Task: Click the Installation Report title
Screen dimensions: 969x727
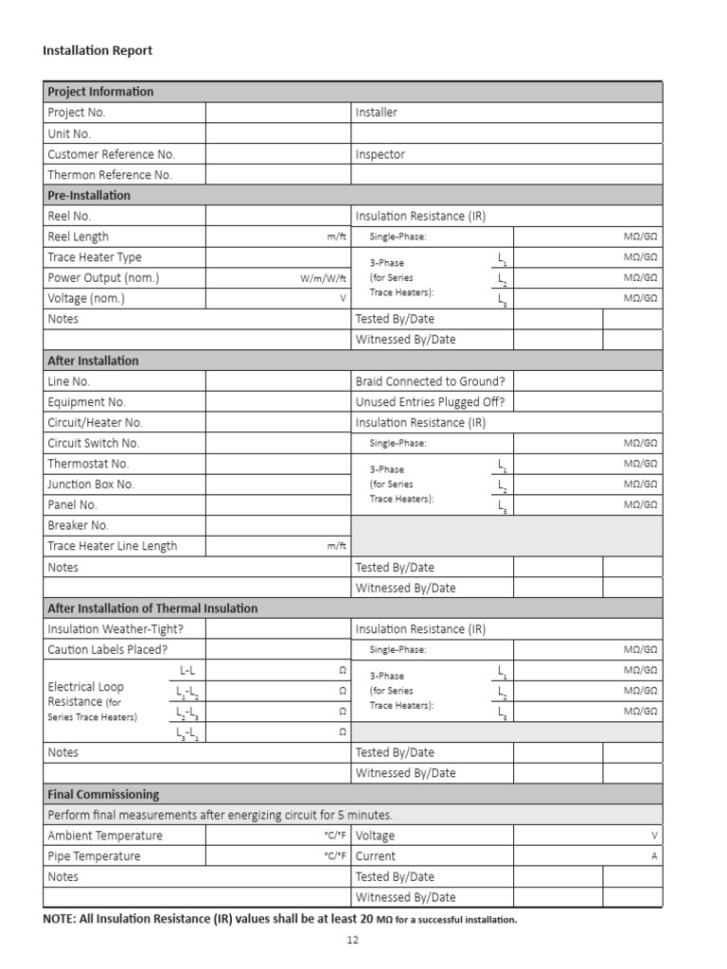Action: [97, 50]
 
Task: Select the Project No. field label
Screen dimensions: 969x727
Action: [77, 113]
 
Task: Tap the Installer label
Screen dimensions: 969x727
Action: [377, 113]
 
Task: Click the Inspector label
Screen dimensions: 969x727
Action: [381, 154]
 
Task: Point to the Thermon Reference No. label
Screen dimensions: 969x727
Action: [110, 175]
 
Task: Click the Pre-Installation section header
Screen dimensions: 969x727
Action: [89, 196]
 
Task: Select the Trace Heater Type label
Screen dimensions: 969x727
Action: [95, 257]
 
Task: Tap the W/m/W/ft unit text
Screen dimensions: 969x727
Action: [324, 279]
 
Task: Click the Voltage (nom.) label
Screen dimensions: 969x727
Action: [86, 299]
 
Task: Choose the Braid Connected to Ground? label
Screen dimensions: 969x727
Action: [430, 381]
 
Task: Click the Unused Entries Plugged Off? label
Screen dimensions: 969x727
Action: [430, 402]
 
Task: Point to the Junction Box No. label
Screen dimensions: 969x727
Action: [91, 484]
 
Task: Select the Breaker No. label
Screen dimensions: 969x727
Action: [79, 525]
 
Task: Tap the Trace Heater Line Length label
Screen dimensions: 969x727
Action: [112, 546]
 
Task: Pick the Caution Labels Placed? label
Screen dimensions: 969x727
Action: [107, 650]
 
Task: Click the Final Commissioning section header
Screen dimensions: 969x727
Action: [103, 795]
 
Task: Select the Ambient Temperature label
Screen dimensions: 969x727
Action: [105, 836]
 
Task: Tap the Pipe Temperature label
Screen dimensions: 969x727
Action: [94, 856]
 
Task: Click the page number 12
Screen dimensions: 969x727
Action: [353, 941]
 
